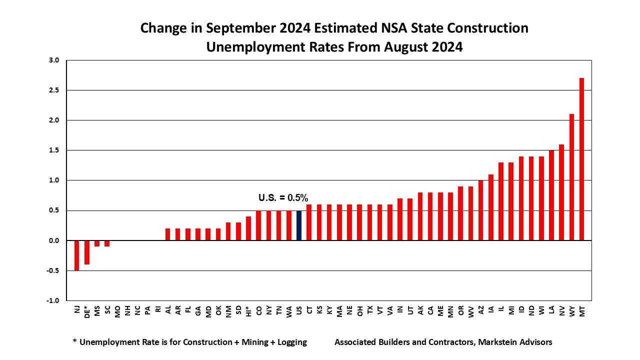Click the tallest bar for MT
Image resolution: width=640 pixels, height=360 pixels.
pyautogui.click(x=581, y=159)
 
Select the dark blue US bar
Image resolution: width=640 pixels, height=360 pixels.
pyautogui.click(x=299, y=225)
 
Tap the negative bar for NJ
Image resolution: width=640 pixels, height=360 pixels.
pyautogui.click(x=77, y=255)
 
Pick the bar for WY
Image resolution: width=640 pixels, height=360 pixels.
pyautogui.click(x=571, y=177)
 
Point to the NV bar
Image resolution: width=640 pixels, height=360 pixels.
pyautogui.click(x=561, y=192)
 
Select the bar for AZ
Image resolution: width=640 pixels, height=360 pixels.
pyautogui.click(x=481, y=210)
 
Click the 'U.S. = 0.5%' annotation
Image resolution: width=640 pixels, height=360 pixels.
pyautogui.click(x=283, y=198)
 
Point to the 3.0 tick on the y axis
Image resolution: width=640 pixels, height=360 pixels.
pyautogui.click(x=54, y=60)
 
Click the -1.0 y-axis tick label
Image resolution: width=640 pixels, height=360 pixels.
pyautogui.click(x=53, y=300)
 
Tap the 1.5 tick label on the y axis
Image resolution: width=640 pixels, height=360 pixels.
pyautogui.click(x=54, y=150)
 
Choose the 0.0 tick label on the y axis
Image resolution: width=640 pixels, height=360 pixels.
pyautogui.click(x=54, y=240)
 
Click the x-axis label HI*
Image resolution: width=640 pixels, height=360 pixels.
pyautogui.click(x=248, y=312)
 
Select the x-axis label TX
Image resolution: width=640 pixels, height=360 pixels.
pyautogui.click(x=370, y=310)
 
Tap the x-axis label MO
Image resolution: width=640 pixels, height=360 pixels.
pyautogui.click(x=117, y=310)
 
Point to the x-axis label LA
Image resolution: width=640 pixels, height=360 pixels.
pyautogui.click(x=551, y=310)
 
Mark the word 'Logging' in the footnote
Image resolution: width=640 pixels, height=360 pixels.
pyautogui.click(x=289, y=342)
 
